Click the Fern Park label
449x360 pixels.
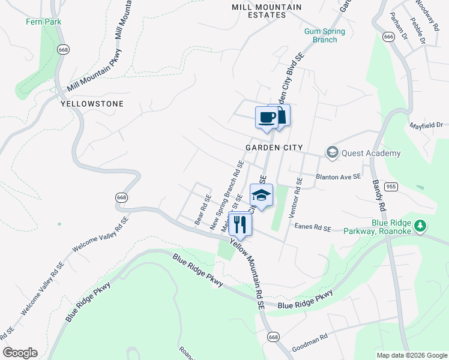pyautogui.click(x=43, y=22)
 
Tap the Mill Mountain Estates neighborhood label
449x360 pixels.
pyautogui.click(x=267, y=11)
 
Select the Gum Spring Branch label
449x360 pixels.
pyautogui.click(x=324, y=36)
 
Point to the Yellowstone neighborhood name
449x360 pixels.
pyautogui.click(x=92, y=104)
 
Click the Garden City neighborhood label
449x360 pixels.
pyautogui.click(x=273, y=148)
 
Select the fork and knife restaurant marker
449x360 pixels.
pyautogui.click(x=240, y=224)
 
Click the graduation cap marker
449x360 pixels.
pyautogui.click(x=261, y=195)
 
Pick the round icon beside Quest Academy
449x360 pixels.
pyautogui.click(x=332, y=153)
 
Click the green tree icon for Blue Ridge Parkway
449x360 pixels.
pyautogui.click(x=421, y=226)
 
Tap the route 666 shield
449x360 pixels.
pyautogui.click(x=388, y=37)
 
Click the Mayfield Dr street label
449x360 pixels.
pyautogui.click(x=426, y=126)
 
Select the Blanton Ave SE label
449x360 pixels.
pyautogui.click(x=339, y=177)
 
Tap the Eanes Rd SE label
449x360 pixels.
pyautogui.click(x=313, y=227)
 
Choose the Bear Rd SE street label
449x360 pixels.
pyautogui.click(x=203, y=209)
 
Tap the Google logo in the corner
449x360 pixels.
pyautogui.click(x=20, y=353)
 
